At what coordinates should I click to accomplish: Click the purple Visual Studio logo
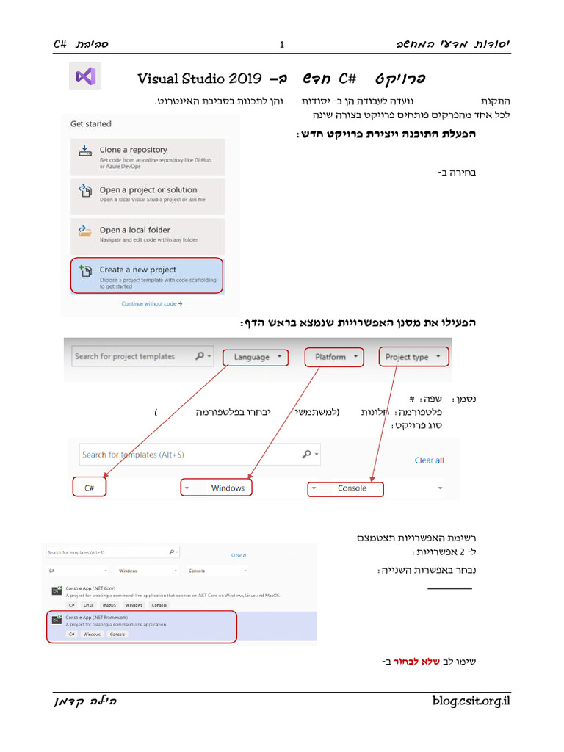coord(85,76)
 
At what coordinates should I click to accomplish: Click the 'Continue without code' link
coord(152,303)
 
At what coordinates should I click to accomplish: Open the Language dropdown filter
coord(256,358)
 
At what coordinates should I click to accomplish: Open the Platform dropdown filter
coord(334,357)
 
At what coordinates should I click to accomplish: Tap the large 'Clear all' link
coord(429,460)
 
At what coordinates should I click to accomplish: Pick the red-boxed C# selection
coord(90,488)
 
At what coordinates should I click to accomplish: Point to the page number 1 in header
coord(282,45)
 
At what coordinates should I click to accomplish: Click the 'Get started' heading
coord(91,124)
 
